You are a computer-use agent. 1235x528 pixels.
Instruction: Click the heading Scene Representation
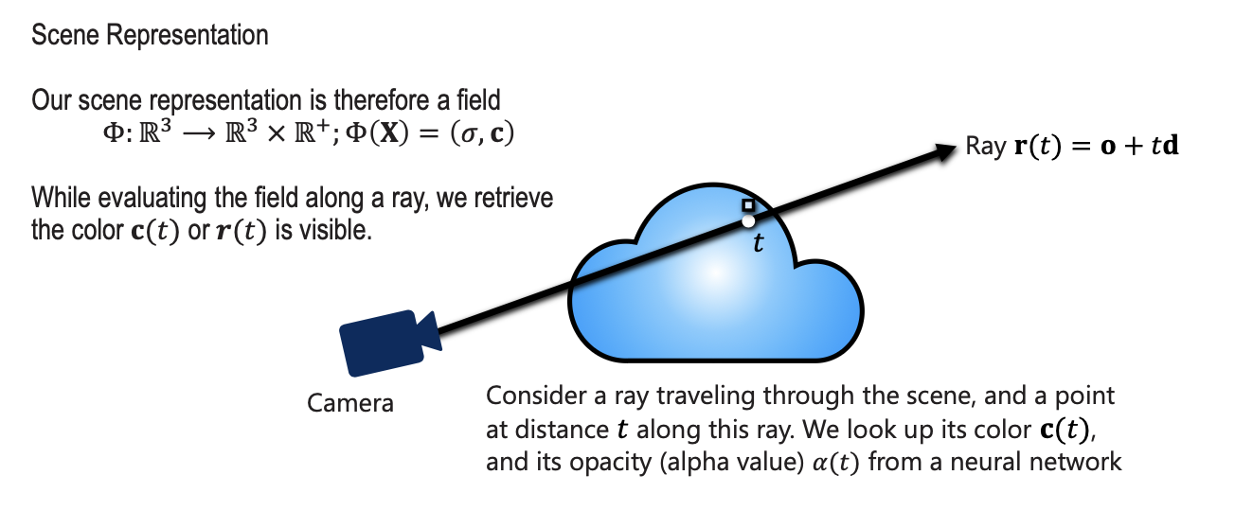pyautogui.click(x=150, y=36)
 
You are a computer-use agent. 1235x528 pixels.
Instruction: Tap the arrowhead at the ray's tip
pyautogui.click(x=943, y=150)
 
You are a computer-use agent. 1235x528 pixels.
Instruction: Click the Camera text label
pyautogui.click(x=350, y=403)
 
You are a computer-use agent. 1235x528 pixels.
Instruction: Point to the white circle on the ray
pyautogui.click(x=748, y=220)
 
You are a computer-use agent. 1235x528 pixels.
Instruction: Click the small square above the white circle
pyautogui.click(x=748, y=204)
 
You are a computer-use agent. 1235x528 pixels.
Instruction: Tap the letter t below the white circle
pyautogui.click(x=757, y=244)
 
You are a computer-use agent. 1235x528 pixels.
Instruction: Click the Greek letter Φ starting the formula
pyautogui.click(x=111, y=134)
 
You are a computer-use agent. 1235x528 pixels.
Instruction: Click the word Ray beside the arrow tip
pyautogui.click(x=985, y=147)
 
